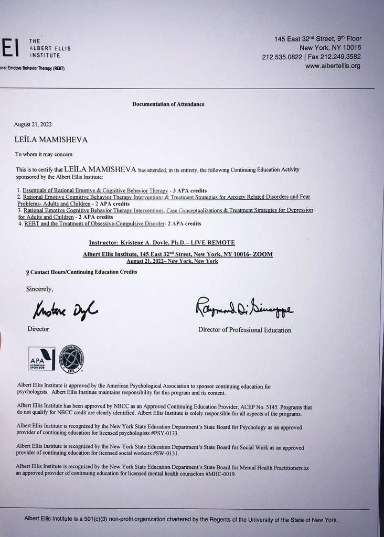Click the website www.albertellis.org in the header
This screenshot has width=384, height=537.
(x=333, y=66)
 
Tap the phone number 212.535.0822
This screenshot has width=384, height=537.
(x=281, y=57)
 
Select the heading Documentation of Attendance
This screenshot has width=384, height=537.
(x=168, y=104)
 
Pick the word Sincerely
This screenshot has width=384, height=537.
(x=40, y=289)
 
